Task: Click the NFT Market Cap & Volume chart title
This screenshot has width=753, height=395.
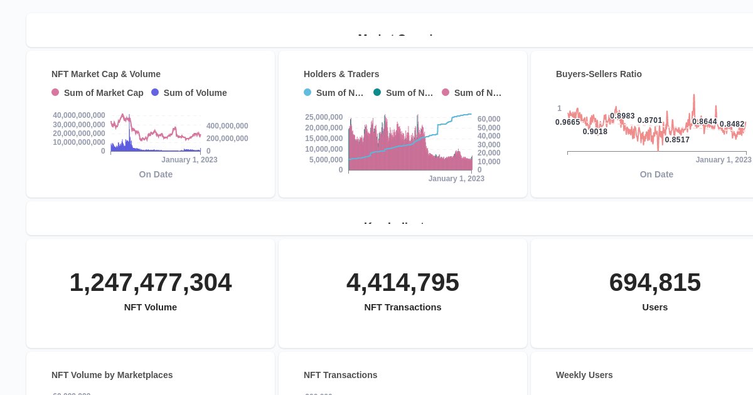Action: coord(106,74)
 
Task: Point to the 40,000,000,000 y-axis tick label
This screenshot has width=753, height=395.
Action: coord(79,115)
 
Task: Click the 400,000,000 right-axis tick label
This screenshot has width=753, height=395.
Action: coord(227,126)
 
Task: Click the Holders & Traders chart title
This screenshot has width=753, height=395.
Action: coord(341,74)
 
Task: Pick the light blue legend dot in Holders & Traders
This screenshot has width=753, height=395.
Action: coord(307,92)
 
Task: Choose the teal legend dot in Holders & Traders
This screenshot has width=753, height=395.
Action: coord(377,92)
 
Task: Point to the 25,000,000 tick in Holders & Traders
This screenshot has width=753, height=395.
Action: coord(324,117)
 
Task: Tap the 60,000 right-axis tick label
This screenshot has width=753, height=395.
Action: coord(489,119)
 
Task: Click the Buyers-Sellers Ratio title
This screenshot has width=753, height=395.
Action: coord(599,74)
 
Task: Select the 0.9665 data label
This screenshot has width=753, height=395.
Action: coord(568,122)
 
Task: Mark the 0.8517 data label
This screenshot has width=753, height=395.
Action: coord(677,140)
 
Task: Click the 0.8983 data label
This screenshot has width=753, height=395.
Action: coord(622,116)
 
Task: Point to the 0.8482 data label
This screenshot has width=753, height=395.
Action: coord(732,124)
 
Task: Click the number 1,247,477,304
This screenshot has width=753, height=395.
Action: coord(151,282)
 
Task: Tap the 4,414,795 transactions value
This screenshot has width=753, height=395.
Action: coord(403,282)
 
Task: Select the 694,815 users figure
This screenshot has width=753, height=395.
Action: coord(655,282)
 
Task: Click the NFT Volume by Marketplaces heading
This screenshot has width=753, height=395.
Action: coord(112,375)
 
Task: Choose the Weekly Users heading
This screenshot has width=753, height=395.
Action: coord(584,375)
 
